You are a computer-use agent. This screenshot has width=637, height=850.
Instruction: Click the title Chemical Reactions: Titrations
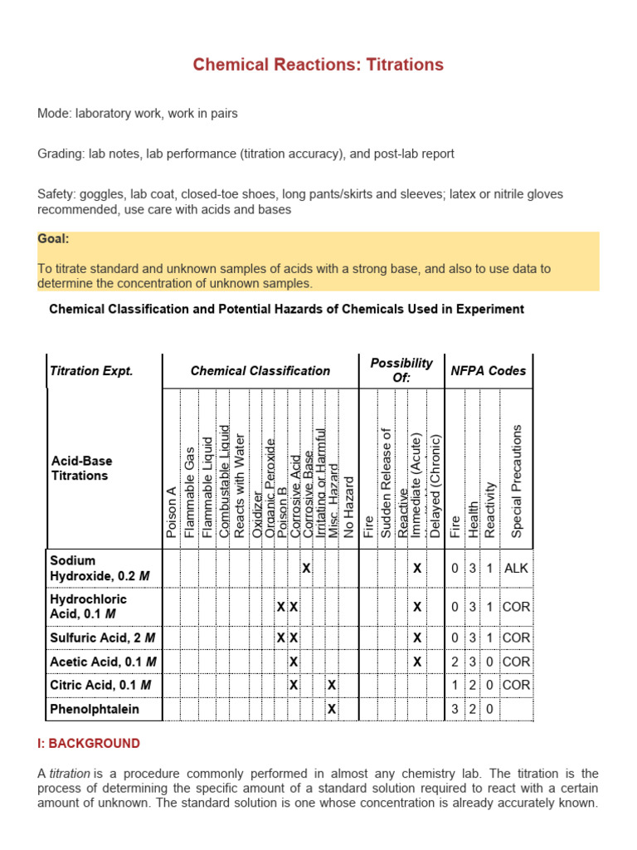point(318,65)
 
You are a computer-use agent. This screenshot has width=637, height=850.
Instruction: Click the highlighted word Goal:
point(53,239)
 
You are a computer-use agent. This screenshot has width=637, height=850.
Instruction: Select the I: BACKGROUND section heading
point(89,744)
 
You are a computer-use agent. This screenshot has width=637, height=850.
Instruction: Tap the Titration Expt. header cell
point(91,371)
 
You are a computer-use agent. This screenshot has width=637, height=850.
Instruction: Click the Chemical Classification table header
point(260,371)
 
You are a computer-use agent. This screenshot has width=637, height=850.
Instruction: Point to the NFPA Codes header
point(488,371)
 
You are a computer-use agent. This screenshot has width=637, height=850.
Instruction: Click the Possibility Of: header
point(401,370)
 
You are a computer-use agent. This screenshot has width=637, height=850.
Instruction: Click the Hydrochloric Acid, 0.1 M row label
point(88,606)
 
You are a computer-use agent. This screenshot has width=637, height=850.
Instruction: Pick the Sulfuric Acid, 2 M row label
point(103,637)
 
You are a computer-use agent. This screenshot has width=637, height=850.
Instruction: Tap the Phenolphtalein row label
point(95,709)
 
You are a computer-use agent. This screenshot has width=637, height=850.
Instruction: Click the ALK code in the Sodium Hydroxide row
point(516,569)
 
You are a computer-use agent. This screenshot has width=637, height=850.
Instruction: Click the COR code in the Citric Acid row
point(516,686)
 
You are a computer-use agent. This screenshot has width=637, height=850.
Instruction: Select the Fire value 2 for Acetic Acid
point(455,662)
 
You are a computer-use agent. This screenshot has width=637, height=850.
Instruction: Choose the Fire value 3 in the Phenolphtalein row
point(455,710)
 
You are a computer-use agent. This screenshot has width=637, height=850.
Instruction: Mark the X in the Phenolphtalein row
point(332,710)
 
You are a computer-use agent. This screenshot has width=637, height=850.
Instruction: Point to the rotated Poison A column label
point(172,513)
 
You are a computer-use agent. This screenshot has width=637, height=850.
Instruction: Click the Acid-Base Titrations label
point(81,468)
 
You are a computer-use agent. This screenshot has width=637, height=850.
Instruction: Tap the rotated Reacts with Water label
point(241,486)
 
